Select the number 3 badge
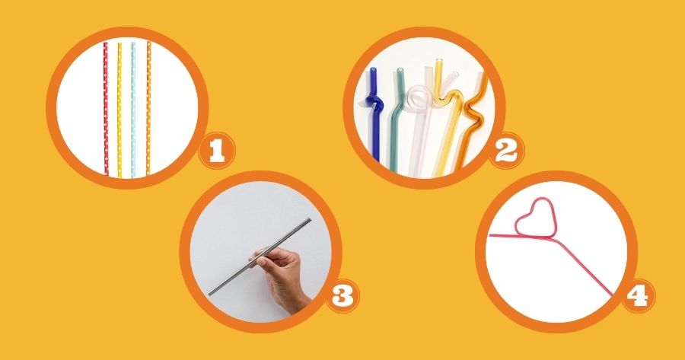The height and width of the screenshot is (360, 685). click(343, 296)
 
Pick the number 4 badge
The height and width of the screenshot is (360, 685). click(638, 296)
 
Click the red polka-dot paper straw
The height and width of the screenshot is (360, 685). click(106, 110)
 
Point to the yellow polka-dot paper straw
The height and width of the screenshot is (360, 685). click(119, 110)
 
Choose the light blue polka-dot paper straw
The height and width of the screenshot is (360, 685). click(133, 110)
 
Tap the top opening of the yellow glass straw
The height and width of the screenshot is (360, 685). click(438, 61)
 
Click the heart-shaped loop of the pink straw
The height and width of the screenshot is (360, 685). click(536, 218)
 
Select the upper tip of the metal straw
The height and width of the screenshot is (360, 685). click(310, 219)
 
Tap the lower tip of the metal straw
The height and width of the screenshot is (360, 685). click(210, 293)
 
